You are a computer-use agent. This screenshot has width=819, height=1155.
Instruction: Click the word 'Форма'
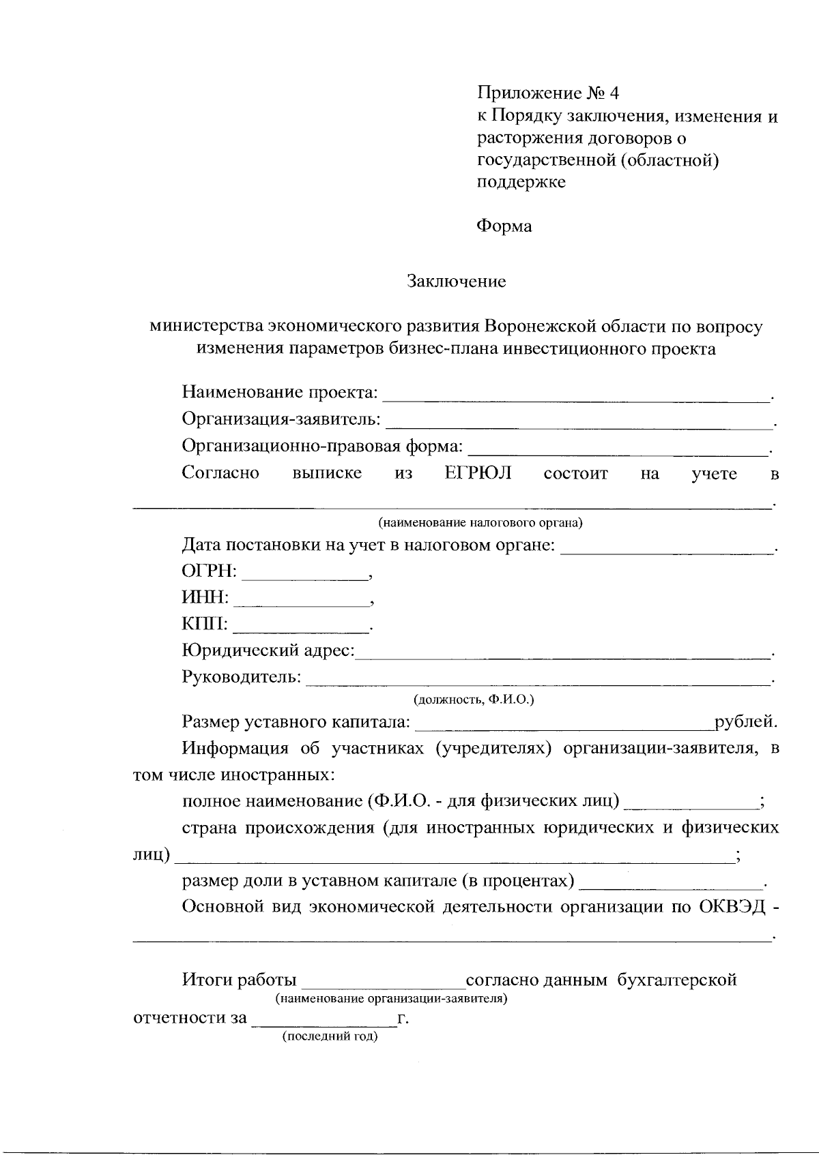[x=504, y=226]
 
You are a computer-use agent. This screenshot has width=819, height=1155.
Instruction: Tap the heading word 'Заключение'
[x=457, y=282]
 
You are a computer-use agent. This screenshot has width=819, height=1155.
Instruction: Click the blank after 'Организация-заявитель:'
[x=578, y=421]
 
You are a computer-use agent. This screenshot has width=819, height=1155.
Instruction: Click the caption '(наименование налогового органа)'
[x=480, y=524]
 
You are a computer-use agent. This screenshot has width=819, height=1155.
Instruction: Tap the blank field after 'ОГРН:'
[x=304, y=572]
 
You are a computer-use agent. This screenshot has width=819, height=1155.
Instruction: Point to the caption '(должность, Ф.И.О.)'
[x=474, y=700]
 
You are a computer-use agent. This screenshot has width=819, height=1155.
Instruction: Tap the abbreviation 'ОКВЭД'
[x=736, y=907]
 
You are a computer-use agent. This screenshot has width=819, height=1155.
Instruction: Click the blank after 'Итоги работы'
[x=383, y=982]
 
